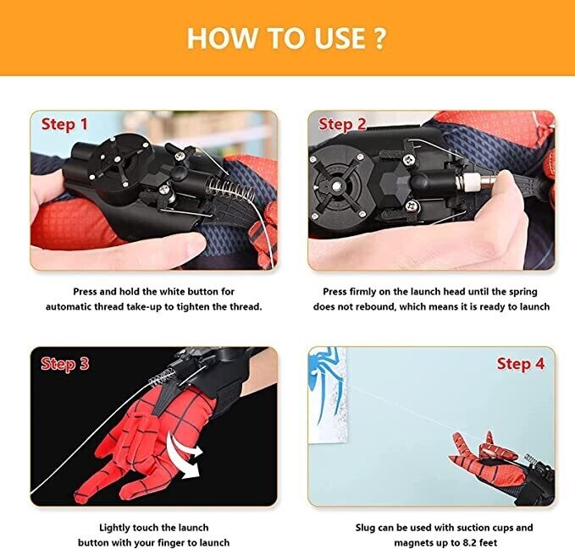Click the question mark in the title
click(379, 38)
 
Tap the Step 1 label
click(65, 125)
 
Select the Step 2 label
click(341, 125)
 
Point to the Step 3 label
click(65, 364)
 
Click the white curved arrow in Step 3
click(186, 447)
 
